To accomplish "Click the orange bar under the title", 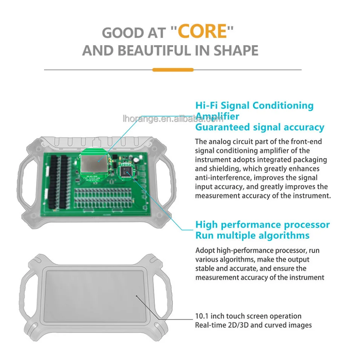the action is [173, 70].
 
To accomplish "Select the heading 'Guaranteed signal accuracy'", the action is [259, 127].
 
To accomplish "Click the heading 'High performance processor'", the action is [262, 225].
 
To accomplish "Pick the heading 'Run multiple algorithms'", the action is [252, 235].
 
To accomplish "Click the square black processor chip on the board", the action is [126, 172].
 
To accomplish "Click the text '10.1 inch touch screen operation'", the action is [248, 316].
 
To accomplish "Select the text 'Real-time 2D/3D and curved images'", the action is [253, 325].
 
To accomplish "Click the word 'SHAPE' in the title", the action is [236, 51].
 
